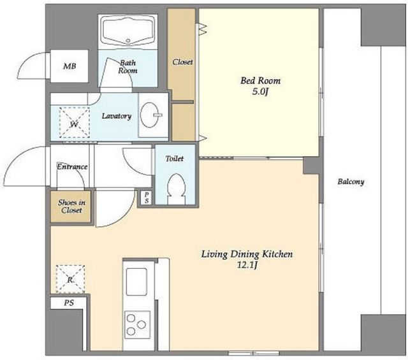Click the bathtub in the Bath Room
point(127,31)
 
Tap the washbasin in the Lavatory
point(149,115)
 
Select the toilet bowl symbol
point(175,189)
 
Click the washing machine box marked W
point(75,122)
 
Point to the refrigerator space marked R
point(70,279)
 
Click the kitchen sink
point(136,282)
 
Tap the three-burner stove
point(137,324)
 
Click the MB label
point(69,66)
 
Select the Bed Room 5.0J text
point(261,85)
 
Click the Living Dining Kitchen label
point(247,254)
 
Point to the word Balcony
point(351,182)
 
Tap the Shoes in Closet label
point(71,206)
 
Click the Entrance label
point(72,166)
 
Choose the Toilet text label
point(175,159)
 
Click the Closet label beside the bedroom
point(183,62)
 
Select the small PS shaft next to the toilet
point(147,198)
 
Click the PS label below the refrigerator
point(69,303)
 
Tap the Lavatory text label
point(117,116)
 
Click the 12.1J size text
point(247,265)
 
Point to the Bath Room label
point(127,67)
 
